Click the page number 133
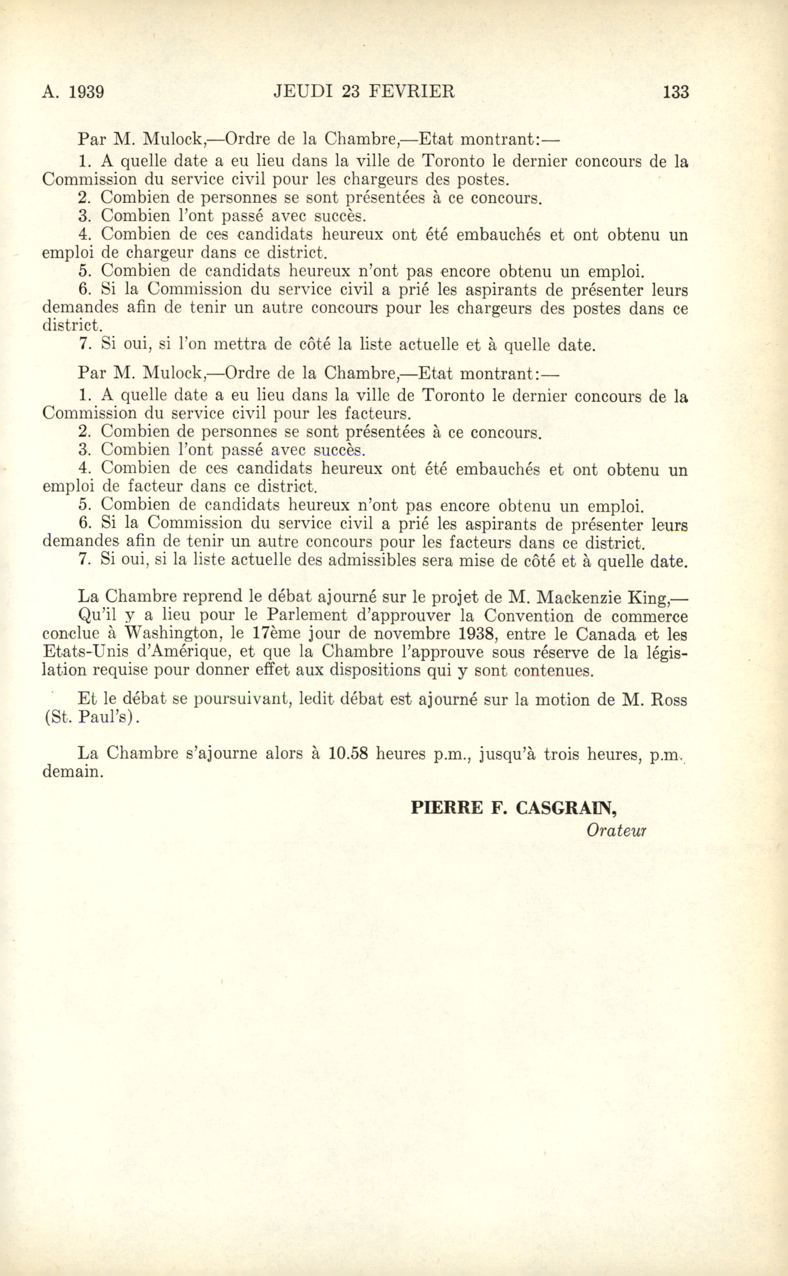pyautogui.click(x=675, y=92)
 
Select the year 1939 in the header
pyautogui.click(x=86, y=92)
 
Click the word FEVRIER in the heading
pyautogui.click(x=412, y=92)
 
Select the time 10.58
pyautogui.click(x=349, y=754)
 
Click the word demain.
pyautogui.click(x=72, y=771)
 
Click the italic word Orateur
pyautogui.click(x=616, y=830)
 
